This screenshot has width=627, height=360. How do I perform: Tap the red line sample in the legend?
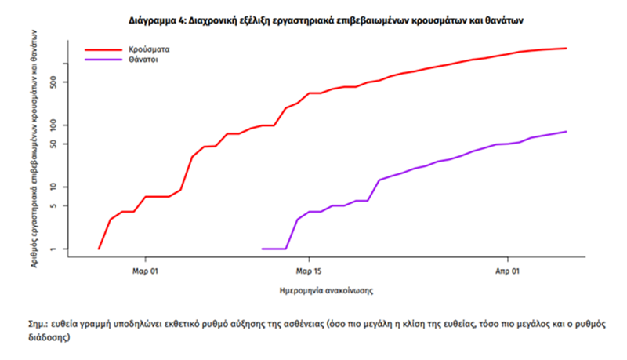[x=98, y=49]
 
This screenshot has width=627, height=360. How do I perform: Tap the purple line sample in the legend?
[x=98, y=59]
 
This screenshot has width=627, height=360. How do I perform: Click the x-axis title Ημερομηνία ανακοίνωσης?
[x=325, y=290]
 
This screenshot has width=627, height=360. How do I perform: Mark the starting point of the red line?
[x=99, y=249]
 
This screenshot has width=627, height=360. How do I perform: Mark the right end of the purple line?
[x=566, y=132]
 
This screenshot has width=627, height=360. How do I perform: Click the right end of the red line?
[x=566, y=49]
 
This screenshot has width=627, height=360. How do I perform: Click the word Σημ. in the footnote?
[x=37, y=324]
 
